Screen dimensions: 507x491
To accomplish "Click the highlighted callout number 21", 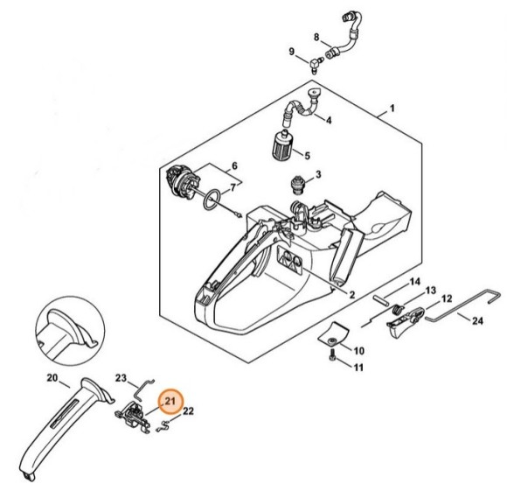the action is tap(170, 402).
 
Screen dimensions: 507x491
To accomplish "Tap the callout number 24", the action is tap(477, 320).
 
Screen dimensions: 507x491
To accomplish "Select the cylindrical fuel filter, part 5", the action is tap(279, 144).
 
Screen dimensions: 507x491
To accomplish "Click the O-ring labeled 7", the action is tap(212, 200).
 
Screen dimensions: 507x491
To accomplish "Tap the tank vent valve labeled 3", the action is tap(297, 186).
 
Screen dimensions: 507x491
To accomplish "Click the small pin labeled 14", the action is tap(383, 298).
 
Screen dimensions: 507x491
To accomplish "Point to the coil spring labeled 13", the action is tap(397, 310).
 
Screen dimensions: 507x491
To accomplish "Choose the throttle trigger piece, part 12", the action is tap(406, 321).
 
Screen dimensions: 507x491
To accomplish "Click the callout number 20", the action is tap(52, 377).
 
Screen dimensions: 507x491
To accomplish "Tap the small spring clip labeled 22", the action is tap(163, 425).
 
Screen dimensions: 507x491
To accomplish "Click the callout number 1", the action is tap(392, 109).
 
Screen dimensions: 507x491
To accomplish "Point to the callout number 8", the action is tap(316, 38).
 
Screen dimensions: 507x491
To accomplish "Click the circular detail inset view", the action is tap(70, 330).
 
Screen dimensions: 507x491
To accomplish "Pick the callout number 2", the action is tap(351, 295).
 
